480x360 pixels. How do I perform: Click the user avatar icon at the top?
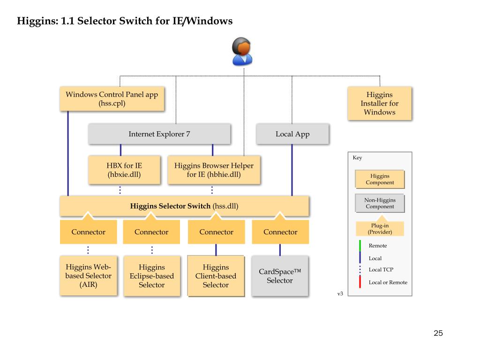[x=243, y=51]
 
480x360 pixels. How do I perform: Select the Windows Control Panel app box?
[x=112, y=98]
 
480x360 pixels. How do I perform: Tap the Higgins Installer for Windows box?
[x=379, y=103]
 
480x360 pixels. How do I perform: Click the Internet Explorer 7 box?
[x=159, y=134]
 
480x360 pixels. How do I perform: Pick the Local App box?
[x=292, y=134]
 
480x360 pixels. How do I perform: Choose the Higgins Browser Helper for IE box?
[x=214, y=170]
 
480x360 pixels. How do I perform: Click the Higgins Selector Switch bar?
[x=184, y=206]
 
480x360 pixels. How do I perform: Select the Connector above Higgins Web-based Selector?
[x=88, y=232]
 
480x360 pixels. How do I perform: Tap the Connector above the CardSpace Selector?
[x=280, y=232]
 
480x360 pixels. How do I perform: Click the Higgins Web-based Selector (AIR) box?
[x=88, y=276]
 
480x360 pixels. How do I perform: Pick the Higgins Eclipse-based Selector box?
[x=151, y=276]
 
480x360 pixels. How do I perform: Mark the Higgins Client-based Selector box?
[x=216, y=276]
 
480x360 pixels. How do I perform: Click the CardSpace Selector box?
[x=280, y=276]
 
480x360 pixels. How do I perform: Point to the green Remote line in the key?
[x=360, y=246]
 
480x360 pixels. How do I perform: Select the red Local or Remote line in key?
[x=360, y=282]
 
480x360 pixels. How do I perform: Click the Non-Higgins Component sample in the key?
[x=380, y=203]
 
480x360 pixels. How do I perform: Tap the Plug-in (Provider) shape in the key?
[x=380, y=228]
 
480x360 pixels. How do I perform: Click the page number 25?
[x=438, y=333]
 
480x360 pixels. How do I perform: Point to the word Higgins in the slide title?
[x=37, y=21]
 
